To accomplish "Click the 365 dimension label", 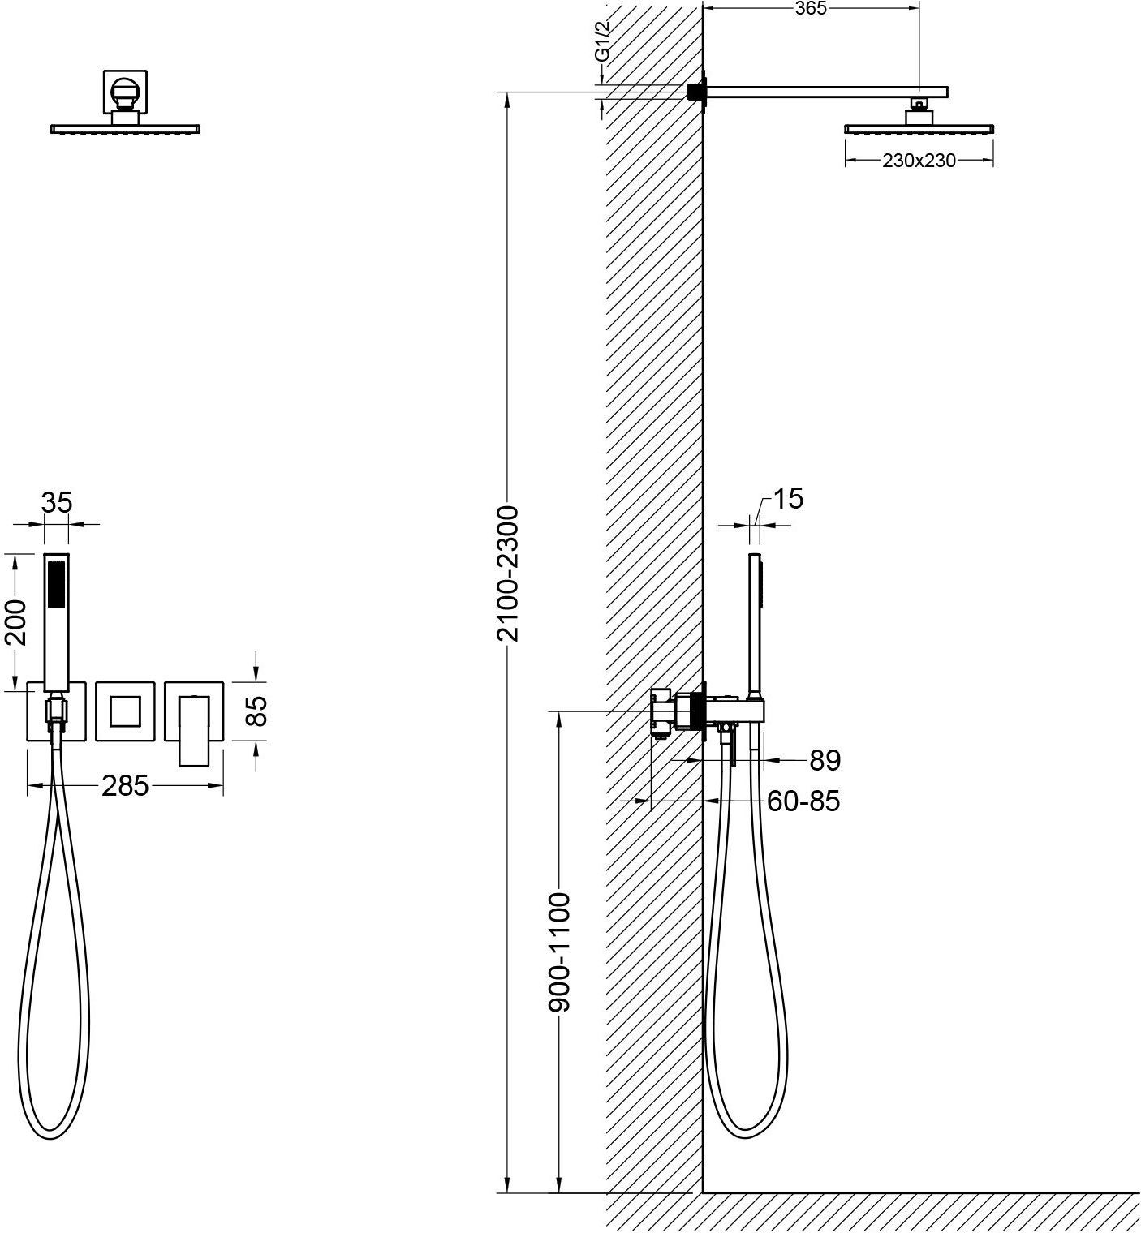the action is click(x=810, y=8).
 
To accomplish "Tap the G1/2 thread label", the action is click(x=602, y=43).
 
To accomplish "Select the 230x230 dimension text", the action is click(x=919, y=161).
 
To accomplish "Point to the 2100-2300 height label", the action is click(x=508, y=574).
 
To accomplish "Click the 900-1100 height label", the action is click(x=560, y=952).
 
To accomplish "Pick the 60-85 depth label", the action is click(x=803, y=801).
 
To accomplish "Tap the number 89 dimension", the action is click(x=825, y=761).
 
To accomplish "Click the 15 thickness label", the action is click(x=788, y=498).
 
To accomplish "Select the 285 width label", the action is click(x=125, y=785).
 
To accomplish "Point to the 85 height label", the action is click(x=256, y=711).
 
